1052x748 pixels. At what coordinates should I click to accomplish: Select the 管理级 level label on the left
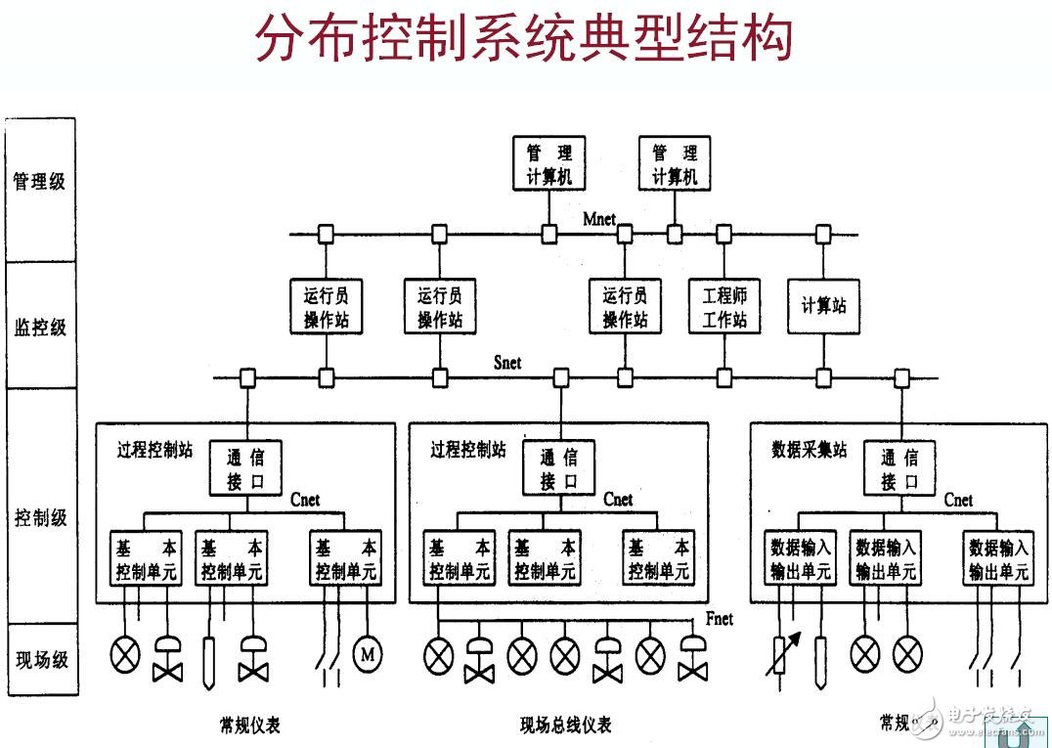(x=39, y=181)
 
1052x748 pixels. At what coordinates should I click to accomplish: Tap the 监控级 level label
(x=39, y=328)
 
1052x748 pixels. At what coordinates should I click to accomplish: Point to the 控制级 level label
(x=39, y=518)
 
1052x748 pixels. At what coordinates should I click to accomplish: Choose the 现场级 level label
(x=39, y=660)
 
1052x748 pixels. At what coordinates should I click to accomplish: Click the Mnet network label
(x=599, y=219)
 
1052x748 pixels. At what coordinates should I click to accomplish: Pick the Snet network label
(x=507, y=363)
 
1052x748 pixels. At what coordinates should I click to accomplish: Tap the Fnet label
(x=719, y=619)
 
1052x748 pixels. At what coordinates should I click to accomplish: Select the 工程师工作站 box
(x=723, y=307)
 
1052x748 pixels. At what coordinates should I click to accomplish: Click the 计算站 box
(x=823, y=306)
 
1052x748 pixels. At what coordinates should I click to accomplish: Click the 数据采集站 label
(x=810, y=450)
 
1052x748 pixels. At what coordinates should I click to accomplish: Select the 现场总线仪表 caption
(x=566, y=725)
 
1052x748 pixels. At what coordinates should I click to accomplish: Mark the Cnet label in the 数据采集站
(x=958, y=500)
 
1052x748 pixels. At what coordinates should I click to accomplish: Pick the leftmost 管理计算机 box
(x=549, y=163)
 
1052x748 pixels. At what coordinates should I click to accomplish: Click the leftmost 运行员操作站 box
(x=327, y=307)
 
